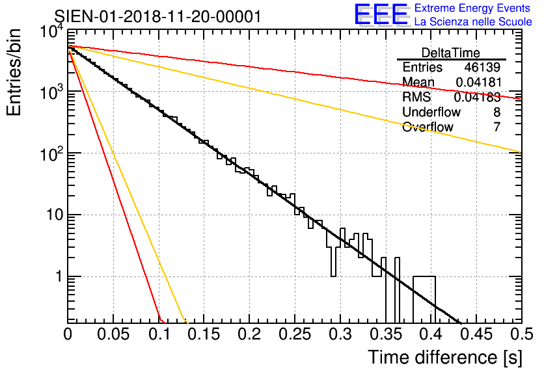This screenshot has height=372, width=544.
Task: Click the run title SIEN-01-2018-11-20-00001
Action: (158, 16)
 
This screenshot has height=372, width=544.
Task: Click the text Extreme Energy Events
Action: (473, 8)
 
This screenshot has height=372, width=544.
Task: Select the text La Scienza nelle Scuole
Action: (473, 22)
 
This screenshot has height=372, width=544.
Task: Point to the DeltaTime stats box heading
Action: (451, 53)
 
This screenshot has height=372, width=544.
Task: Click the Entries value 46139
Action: (482, 68)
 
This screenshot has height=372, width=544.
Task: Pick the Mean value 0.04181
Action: (478, 83)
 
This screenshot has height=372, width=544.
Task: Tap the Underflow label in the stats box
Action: (431, 112)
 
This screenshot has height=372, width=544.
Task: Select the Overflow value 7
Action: (496, 127)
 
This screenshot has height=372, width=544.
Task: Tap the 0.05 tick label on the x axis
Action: (113, 334)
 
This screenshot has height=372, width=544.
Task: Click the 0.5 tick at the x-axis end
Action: (519, 334)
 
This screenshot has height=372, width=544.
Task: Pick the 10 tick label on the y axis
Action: (52, 215)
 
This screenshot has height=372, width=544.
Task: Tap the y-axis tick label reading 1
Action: (57, 277)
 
